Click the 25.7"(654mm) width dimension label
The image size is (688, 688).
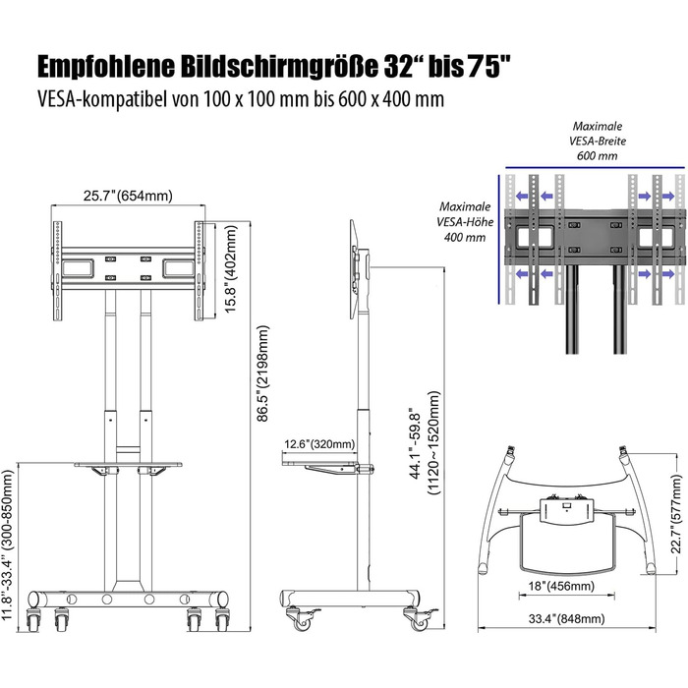point(128,196)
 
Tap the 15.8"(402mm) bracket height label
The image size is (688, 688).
point(231,269)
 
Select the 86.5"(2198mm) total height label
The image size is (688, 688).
point(262,373)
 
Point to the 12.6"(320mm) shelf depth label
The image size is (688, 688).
point(319,444)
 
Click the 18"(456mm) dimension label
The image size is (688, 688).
point(561,586)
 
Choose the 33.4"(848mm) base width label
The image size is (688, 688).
point(566,618)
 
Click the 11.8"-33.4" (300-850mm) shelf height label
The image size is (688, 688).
point(9,545)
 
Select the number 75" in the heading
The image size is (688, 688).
point(489,66)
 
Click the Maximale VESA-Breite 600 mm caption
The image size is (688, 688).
point(598,141)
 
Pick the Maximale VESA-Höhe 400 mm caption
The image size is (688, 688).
point(465,222)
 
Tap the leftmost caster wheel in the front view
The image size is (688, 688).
point(33,619)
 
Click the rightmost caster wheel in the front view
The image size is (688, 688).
point(222,619)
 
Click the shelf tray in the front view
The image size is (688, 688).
point(128,464)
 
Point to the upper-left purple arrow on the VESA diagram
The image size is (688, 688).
point(522,197)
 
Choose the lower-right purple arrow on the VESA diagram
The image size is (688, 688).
point(668,274)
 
